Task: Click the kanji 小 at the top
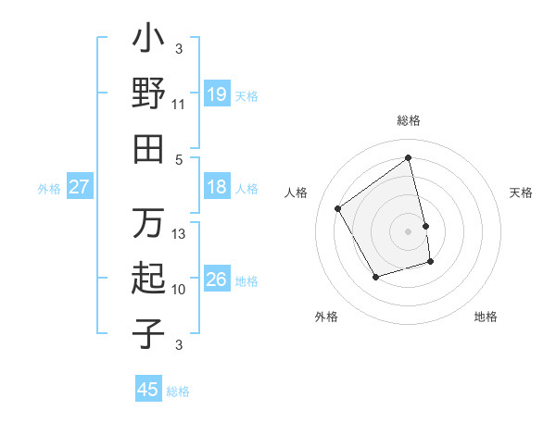148,42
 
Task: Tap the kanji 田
148,149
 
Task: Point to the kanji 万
148,223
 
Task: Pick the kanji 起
148,279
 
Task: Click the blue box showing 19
217,93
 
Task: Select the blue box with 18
217,187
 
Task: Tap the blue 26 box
217,280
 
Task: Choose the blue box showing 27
80,187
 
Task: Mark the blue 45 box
148,390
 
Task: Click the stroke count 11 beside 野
179,105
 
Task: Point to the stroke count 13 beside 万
179,234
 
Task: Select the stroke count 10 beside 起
179,290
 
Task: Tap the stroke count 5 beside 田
179,159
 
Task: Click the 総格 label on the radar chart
409,120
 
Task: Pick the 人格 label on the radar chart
296,193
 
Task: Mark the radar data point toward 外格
375,277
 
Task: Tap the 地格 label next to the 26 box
246,280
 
